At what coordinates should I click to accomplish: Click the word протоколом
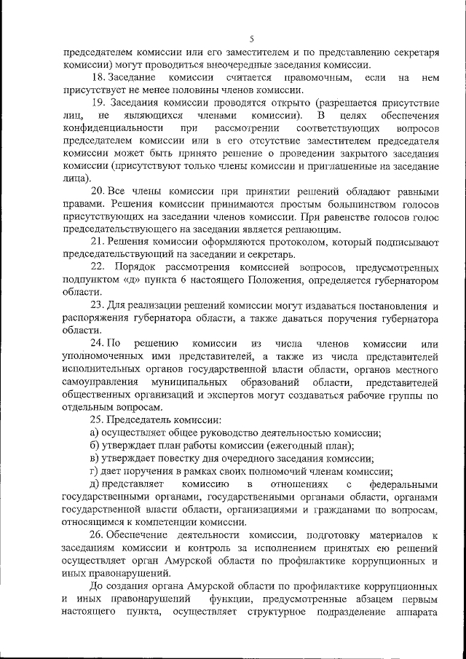(272, 241)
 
